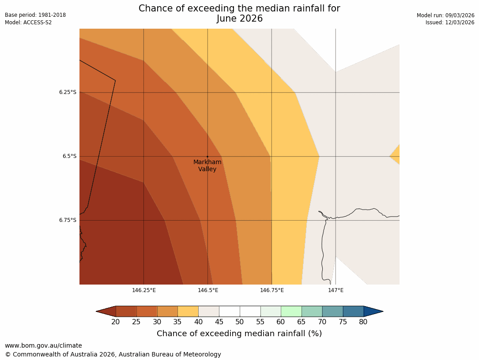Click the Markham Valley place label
pyautogui.click(x=207, y=165)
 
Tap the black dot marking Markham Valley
pyautogui.click(x=207, y=157)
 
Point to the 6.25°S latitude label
pyautogui.click(x=68, y=92)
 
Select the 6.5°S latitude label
pyautogui.click(x=69, y=156)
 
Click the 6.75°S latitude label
pyautogui.click(x=68, y=220)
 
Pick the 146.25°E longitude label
pyautogui.click(x=144, y=290)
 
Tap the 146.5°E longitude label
pyautogui.click(x=208, y=290)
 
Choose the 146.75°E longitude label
pyautogui.click(x=272, y=290)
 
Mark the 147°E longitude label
pyautogui.click(x=336, y=290)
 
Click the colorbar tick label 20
pyautogui.click(x=116, y=322)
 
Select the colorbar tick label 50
pyautogui.click(x=239, y=322)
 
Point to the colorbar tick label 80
pyautogui.click(x=363, y=322)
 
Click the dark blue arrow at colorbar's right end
pyautogui.click(x=373, y=311)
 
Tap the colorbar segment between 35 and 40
pyautogui.click(x=188, y=311)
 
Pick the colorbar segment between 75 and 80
pyautogui.click(x=353, y=311)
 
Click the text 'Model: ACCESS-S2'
pyautogui.click(x=28, y=22)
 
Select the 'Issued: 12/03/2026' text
pyautogui.click(x=450, y=22)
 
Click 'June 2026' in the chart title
pyautogui.click(x=239, y=19)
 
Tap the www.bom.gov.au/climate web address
pyautogui.click(x=43, y=345)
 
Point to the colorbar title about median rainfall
pyautogui.click(x=239, y=334)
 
